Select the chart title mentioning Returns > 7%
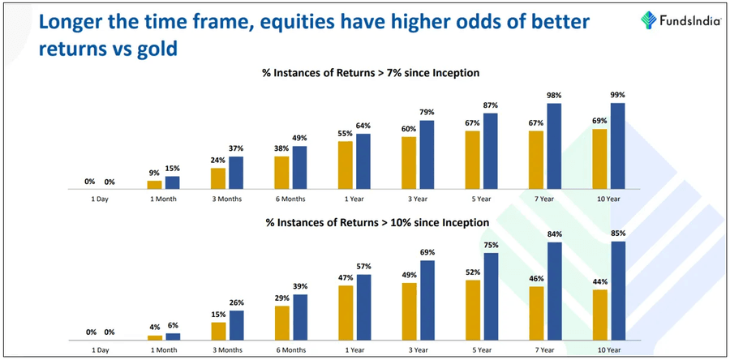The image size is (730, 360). tap(370, 73)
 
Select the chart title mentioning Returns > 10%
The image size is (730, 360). tap(375, 221)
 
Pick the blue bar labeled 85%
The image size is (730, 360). tap(618, 290)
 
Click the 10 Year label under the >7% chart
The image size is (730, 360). tap(609, 199)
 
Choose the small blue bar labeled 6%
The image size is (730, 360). tap(173, 336)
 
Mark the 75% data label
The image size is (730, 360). tap(492, 246)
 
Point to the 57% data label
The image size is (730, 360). tap(364, 267)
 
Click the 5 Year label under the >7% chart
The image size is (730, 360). tap(482, 199)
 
